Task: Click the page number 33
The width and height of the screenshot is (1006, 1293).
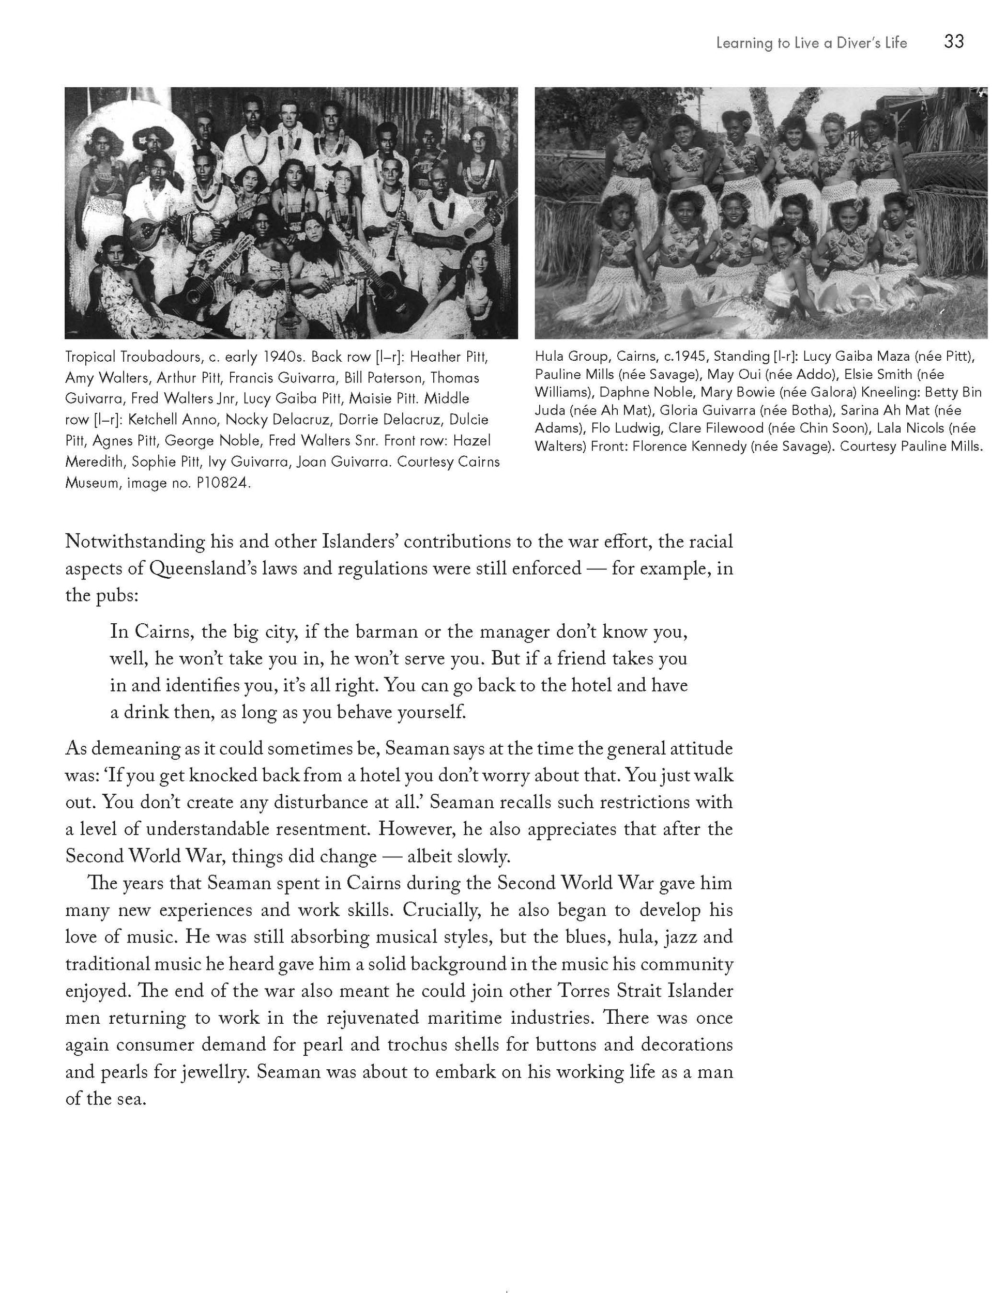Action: click(x=954, y=41)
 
